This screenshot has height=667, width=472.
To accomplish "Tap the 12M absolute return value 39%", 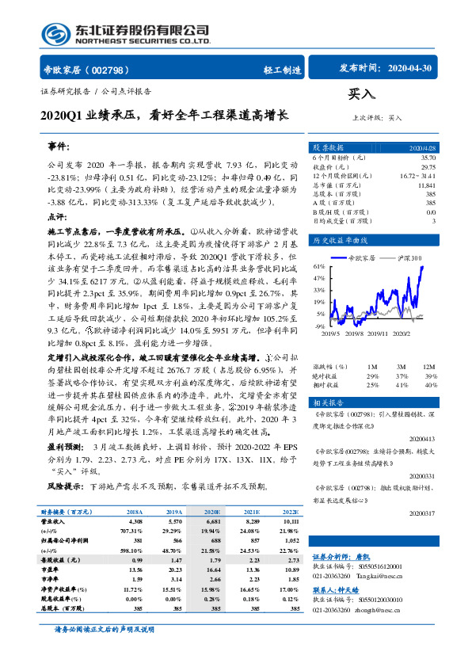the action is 431,376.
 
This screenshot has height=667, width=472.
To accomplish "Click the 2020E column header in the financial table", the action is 212,513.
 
